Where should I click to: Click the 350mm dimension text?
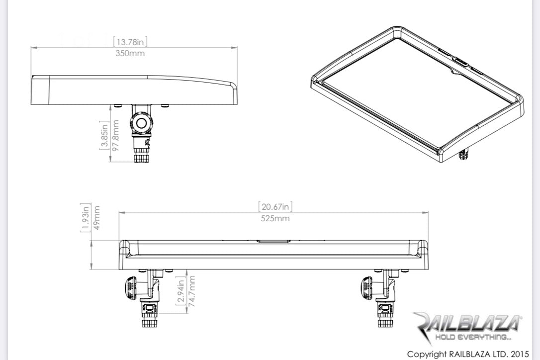[130, 53]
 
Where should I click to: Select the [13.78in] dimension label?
[130, 42]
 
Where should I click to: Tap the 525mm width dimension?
[274, 218]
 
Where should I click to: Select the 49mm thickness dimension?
[96, 217]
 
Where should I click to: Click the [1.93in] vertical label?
[85, 217]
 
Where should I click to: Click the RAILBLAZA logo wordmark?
[467, 324]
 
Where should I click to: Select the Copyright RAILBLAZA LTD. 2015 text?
[468, 354]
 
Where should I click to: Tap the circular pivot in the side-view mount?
[142, 123]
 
